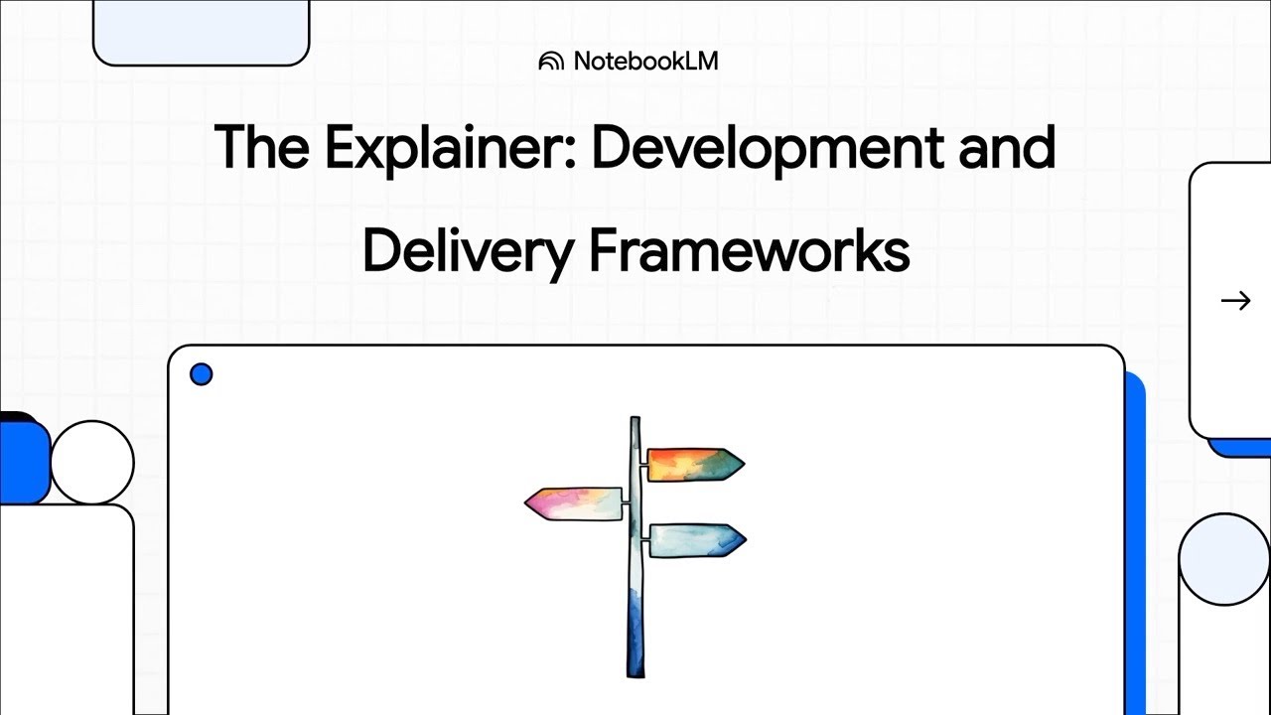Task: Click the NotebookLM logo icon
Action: (x=550, y=62)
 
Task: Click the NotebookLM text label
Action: (x=645, y=62)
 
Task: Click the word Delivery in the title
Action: (x=467, y=251)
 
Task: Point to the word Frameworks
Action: (x=750, y=251)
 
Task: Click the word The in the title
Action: (x=260, y=147)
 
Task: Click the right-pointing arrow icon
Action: (x=1235, y=300)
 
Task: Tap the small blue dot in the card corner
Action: (x=201, y=374)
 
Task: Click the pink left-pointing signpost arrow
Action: (x=574, y=503)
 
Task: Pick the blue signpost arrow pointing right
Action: (x=696, y=540)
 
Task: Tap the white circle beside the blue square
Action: (x=92, y=462)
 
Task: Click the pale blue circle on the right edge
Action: (x=1223, y=559)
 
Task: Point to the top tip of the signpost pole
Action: (x=635, y=420)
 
